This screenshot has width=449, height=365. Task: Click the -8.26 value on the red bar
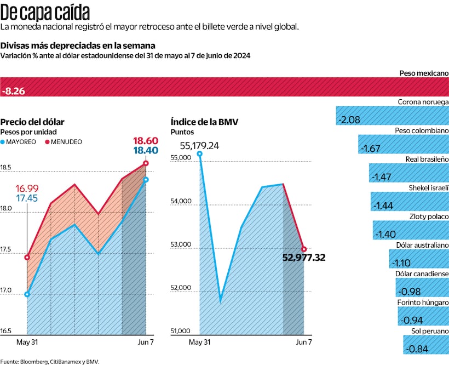[14, 91]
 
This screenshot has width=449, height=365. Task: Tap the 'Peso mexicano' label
[421, 73]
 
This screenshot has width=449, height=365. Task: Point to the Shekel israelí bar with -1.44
[409, 202]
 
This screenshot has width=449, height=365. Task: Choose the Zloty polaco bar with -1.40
[410, 231]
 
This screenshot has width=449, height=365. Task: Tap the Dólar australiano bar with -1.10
[418, 259]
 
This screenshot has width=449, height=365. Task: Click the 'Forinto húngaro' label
[423, 303]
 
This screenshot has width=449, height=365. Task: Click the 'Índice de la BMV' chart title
[204, 122]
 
